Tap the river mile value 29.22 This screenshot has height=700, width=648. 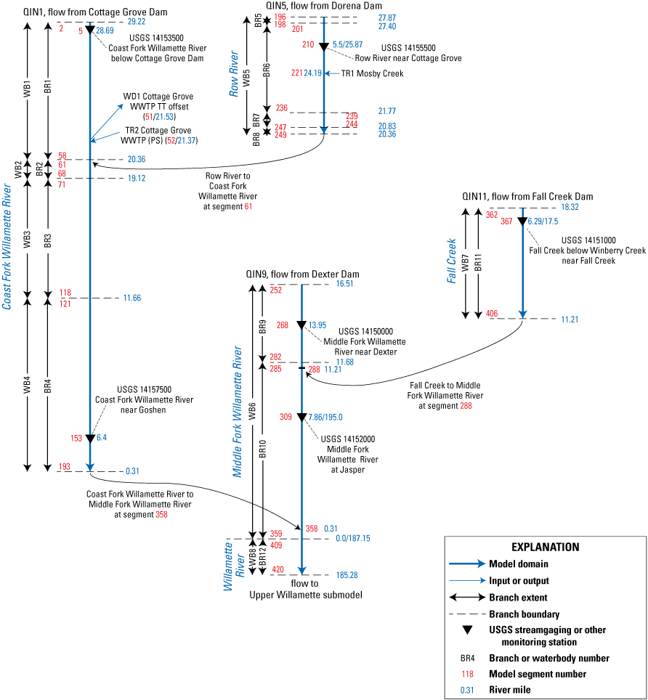(137, 23)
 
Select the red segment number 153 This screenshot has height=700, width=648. (76, 438)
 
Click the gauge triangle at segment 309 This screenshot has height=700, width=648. (301, 418)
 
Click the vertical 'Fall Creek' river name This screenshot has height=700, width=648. (452, 261)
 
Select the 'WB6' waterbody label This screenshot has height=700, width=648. (252, 414)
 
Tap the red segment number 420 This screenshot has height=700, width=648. (278, 569)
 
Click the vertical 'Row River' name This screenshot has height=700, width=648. (234, 74)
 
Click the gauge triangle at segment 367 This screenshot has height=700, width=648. (522, 221)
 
